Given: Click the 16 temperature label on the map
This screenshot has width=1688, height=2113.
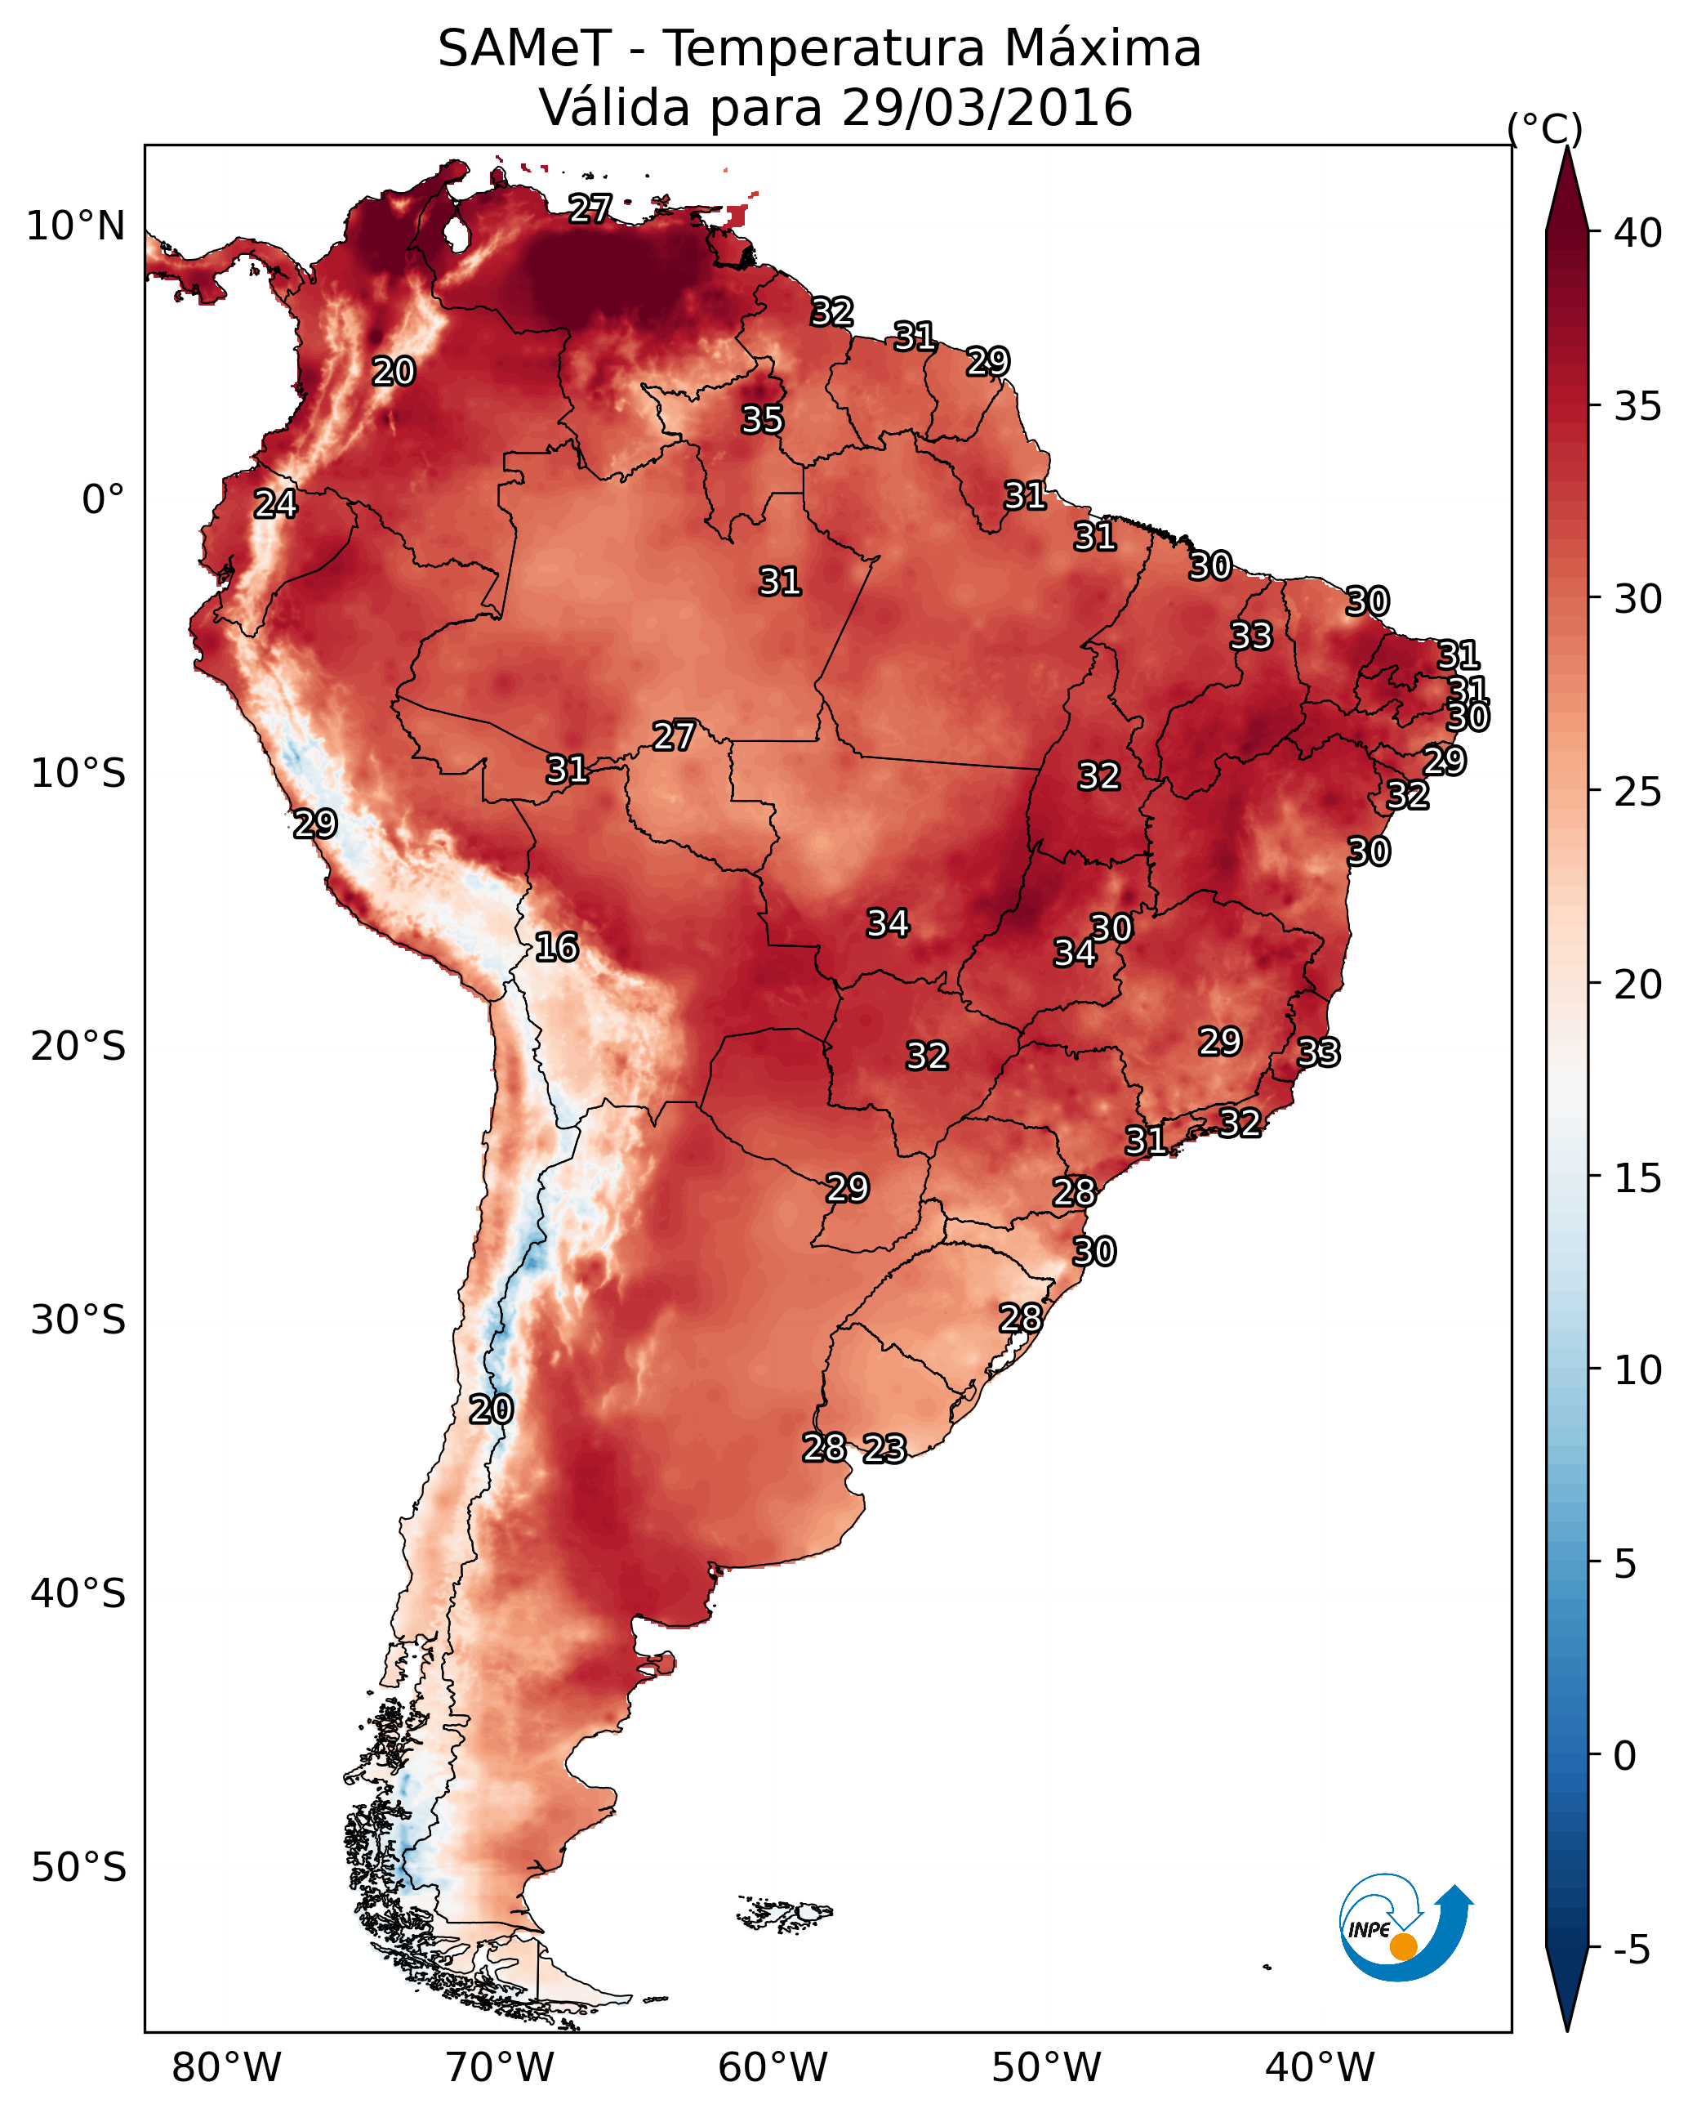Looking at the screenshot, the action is [556, 947].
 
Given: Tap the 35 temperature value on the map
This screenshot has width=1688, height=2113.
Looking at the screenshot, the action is [762, 419].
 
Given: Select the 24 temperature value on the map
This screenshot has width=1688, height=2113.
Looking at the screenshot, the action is [275, 504].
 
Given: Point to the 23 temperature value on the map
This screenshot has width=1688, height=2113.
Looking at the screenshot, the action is [884, 1449].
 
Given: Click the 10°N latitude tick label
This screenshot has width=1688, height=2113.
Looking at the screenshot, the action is [75, 226].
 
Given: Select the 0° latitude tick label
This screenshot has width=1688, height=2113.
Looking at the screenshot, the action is [104, 500].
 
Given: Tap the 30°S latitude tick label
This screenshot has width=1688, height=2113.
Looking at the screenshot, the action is [78, 1320].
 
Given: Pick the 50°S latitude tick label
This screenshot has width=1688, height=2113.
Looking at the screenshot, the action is [78, 1867].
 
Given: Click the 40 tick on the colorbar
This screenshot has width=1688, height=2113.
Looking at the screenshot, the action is [1638, 233].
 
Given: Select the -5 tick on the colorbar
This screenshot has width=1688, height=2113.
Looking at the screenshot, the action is [1631, 1950].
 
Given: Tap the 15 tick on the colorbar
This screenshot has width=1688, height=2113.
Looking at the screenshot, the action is [1638, 1178].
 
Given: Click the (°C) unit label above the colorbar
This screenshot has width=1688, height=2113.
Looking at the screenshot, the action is [1545, 128].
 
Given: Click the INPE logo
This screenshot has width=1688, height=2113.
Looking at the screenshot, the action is [1406, 1927].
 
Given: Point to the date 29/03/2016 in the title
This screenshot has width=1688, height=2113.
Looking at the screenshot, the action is [987, 107].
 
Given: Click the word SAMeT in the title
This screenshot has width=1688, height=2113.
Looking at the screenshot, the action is [525, 48].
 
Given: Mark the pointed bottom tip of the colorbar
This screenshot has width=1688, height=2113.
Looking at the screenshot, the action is [1567, 2030].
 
